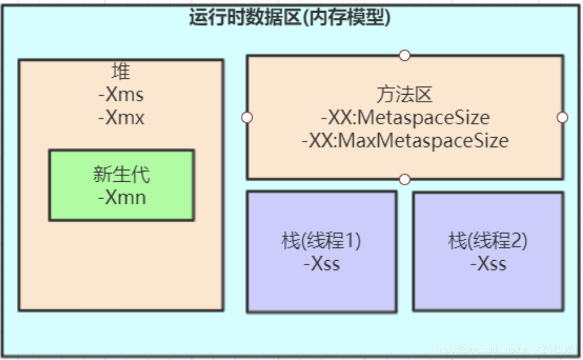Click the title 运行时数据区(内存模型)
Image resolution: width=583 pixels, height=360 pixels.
coord(290,17)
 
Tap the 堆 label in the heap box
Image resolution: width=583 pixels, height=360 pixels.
coord(121,71)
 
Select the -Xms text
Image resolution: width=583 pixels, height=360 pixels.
coord(121,94)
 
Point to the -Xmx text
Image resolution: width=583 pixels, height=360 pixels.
coord(121,117)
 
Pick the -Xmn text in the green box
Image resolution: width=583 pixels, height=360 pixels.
coord(121,197)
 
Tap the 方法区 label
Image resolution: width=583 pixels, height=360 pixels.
coord(405,95)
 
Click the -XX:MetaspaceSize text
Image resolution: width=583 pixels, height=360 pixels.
coord(405,118)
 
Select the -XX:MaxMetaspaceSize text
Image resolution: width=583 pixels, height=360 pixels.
coord(405,141)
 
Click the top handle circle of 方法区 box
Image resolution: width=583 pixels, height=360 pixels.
coord(405,55)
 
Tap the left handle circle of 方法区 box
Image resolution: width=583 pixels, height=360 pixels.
coord(247,117)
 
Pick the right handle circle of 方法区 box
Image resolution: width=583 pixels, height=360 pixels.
coord(562,117)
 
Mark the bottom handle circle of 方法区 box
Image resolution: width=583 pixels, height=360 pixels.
coord(405,179)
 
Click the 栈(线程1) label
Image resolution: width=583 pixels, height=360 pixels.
coord(322,241)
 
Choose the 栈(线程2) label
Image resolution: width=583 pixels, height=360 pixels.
coord(488,241)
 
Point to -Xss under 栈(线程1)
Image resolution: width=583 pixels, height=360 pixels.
coord(322,264)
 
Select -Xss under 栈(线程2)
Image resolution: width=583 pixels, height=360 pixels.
coord(488,264)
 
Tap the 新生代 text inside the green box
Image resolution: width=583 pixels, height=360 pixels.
coord(121,175)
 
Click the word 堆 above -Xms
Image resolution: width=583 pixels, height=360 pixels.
coord(121,71)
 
